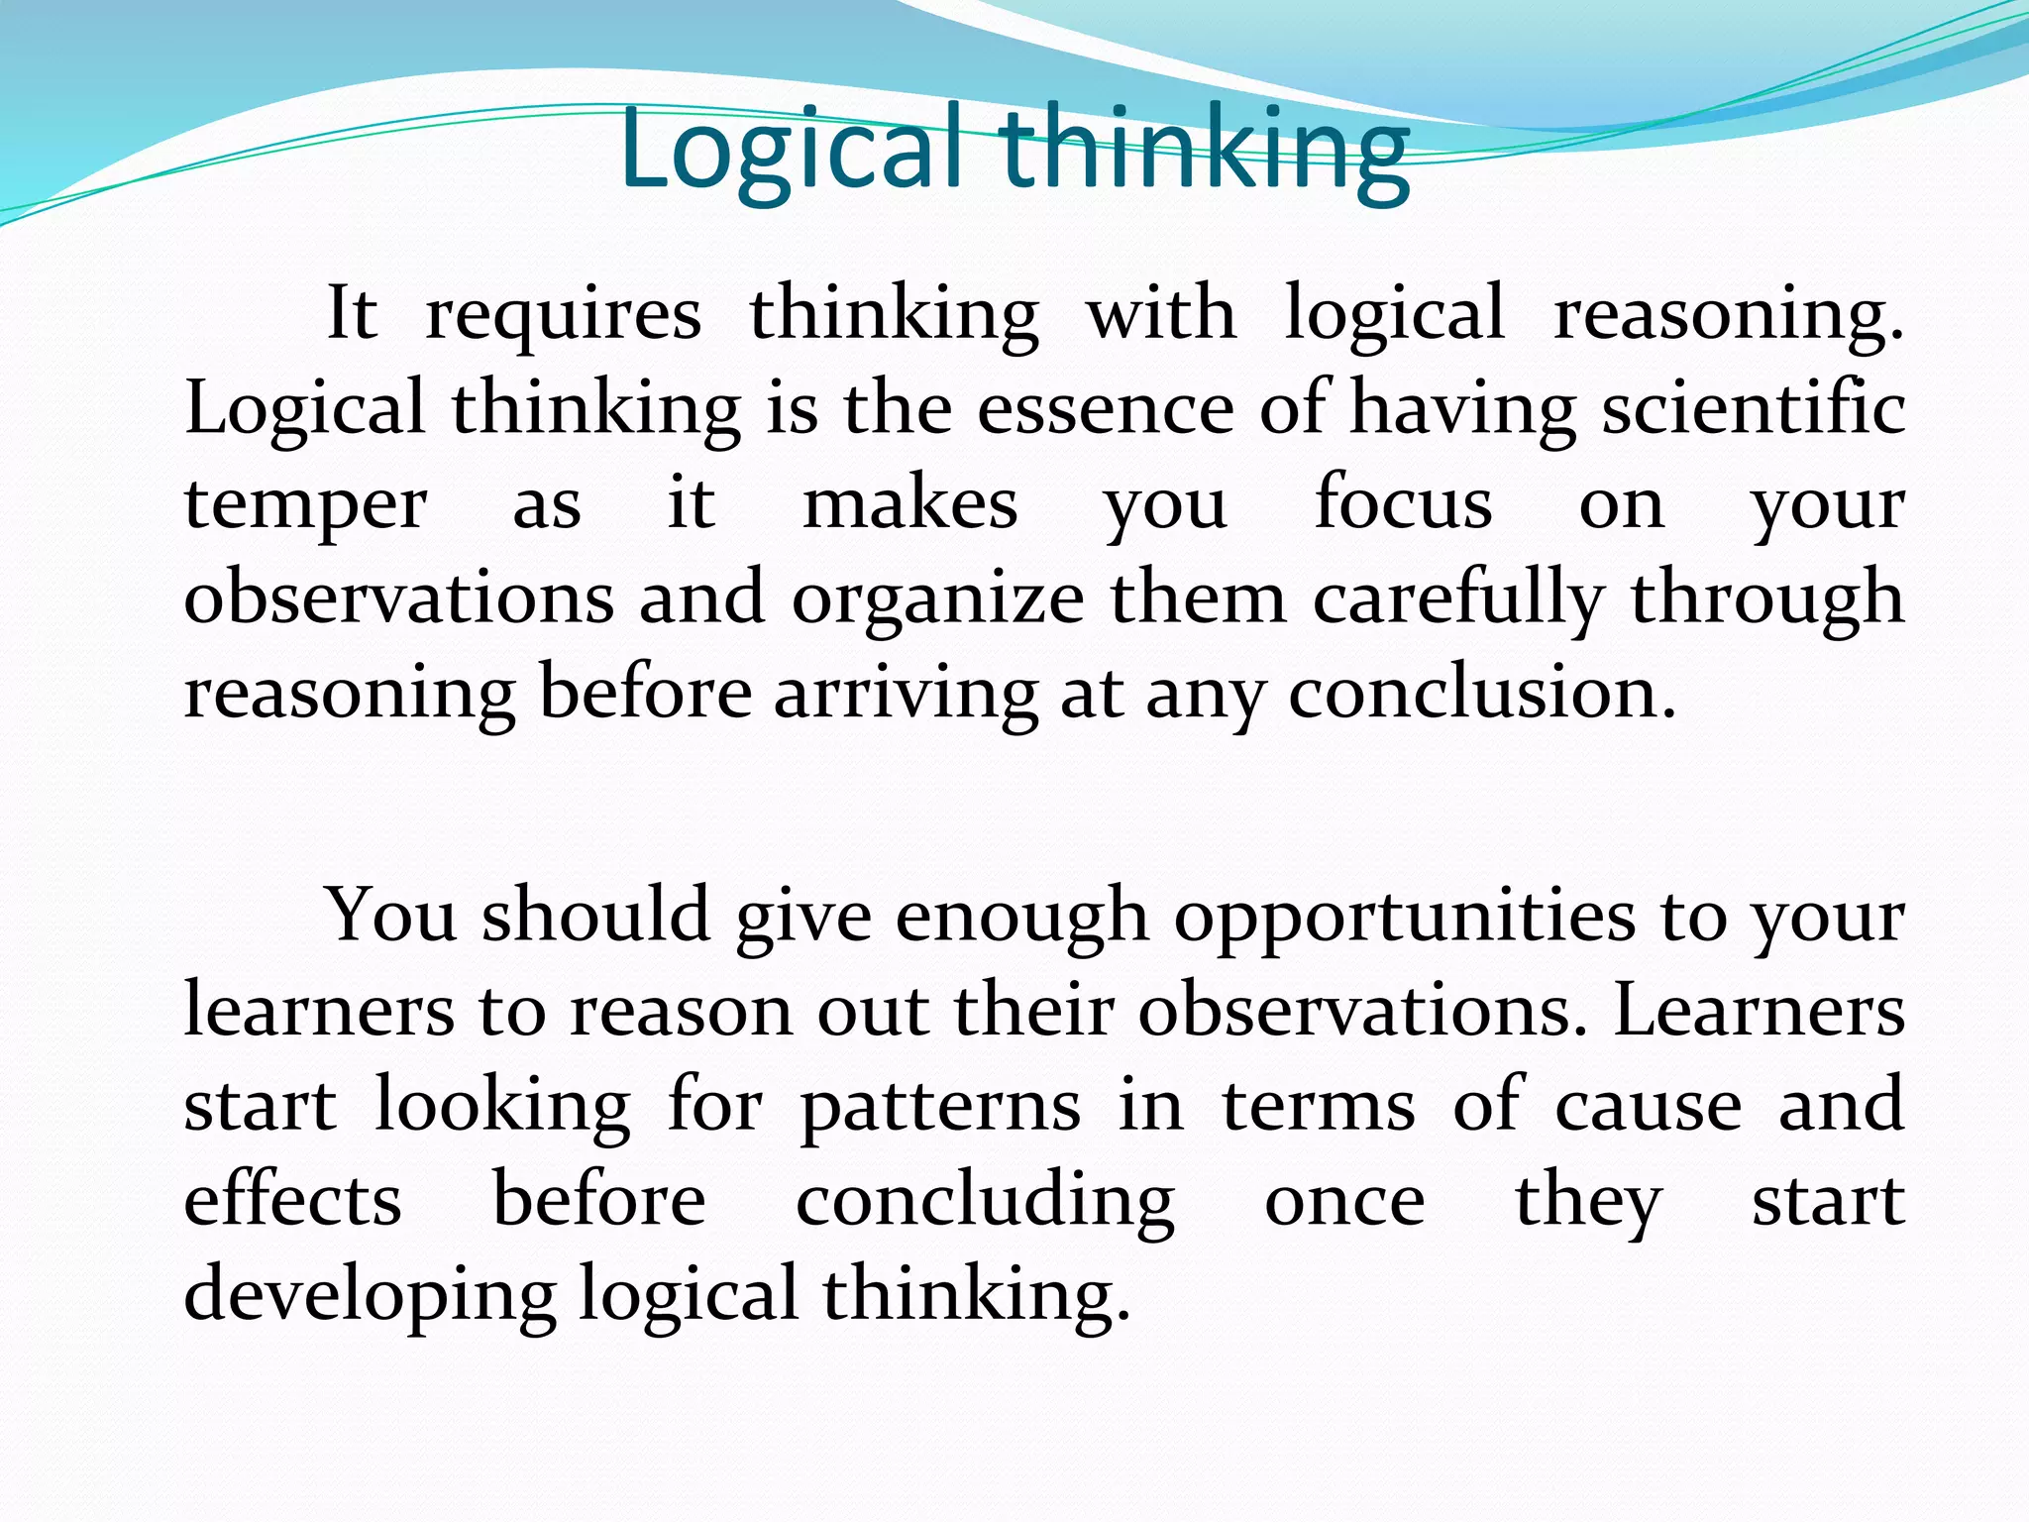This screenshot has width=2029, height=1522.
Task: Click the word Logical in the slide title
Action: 791,152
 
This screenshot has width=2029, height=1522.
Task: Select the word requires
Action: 563,314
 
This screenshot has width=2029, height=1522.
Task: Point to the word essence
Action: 1106,408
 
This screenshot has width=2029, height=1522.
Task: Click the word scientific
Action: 1753,408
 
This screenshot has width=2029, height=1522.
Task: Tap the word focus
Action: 1402,503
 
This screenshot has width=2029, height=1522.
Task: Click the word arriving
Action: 906,694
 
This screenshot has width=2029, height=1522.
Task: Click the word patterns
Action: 940,1107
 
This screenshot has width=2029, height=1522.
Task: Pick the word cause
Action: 1648,1106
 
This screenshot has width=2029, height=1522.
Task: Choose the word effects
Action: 293,1200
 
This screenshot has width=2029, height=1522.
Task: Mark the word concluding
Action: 985,1202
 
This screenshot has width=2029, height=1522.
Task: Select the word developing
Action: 370,1296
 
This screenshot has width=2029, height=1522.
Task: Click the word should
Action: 596,916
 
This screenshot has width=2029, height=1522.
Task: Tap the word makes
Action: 909,503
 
